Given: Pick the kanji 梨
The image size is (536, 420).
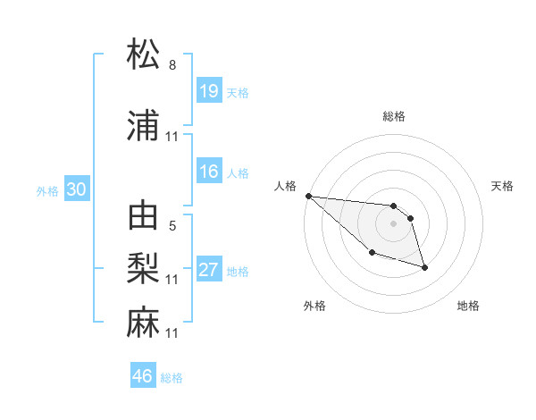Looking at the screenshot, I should [144, 268].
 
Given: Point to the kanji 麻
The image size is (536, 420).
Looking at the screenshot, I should [144, 322].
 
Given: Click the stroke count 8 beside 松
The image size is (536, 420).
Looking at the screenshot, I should [172, 65].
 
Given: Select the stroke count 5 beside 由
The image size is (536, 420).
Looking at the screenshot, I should [172, 226].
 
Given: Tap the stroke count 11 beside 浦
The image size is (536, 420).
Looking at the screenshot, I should [172, 137].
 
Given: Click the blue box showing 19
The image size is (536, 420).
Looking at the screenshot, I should [209, 91].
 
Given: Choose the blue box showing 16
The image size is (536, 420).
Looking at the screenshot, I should [209, 172].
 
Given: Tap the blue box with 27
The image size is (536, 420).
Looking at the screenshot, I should [209, 270].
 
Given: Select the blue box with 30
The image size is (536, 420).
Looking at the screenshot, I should [76, 189].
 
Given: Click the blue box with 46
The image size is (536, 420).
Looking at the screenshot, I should [143, 376].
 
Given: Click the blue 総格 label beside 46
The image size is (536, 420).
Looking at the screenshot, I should [172, 378].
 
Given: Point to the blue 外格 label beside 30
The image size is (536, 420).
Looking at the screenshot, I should [47, 190].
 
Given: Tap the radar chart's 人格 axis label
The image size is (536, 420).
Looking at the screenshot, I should [285, 187].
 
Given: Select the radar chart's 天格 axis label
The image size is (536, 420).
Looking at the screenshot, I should [503, 187].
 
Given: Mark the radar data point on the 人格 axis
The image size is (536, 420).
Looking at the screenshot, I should [308, 196].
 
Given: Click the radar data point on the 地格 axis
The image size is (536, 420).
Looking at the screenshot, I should [424, 267].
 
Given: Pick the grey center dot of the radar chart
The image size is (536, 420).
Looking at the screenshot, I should [393, 223].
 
